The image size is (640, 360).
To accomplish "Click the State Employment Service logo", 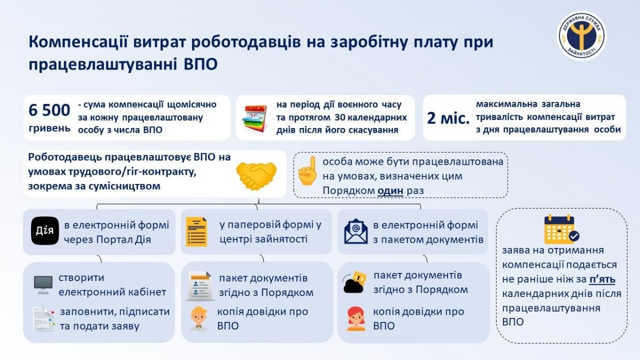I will pos(582,36).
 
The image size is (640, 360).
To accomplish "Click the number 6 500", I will pos(49,110).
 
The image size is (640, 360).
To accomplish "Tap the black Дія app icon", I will pos(45,231).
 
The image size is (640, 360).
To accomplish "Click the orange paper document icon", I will pos(197,231).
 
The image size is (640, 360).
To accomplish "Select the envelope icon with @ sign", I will pos(356,231).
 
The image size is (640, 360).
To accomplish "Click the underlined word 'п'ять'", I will pos(603,279).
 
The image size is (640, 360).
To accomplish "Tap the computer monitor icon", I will pos(43,285).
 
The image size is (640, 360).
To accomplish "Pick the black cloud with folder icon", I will pos(354,283).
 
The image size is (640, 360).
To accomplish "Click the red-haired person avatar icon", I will pos(355,318).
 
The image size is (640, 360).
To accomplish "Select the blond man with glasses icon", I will pos(198,318).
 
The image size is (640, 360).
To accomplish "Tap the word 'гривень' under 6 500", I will pos(49,128).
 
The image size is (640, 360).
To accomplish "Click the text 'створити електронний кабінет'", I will pos(112,285).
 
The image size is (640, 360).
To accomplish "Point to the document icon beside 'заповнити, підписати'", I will pos(43,318).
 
